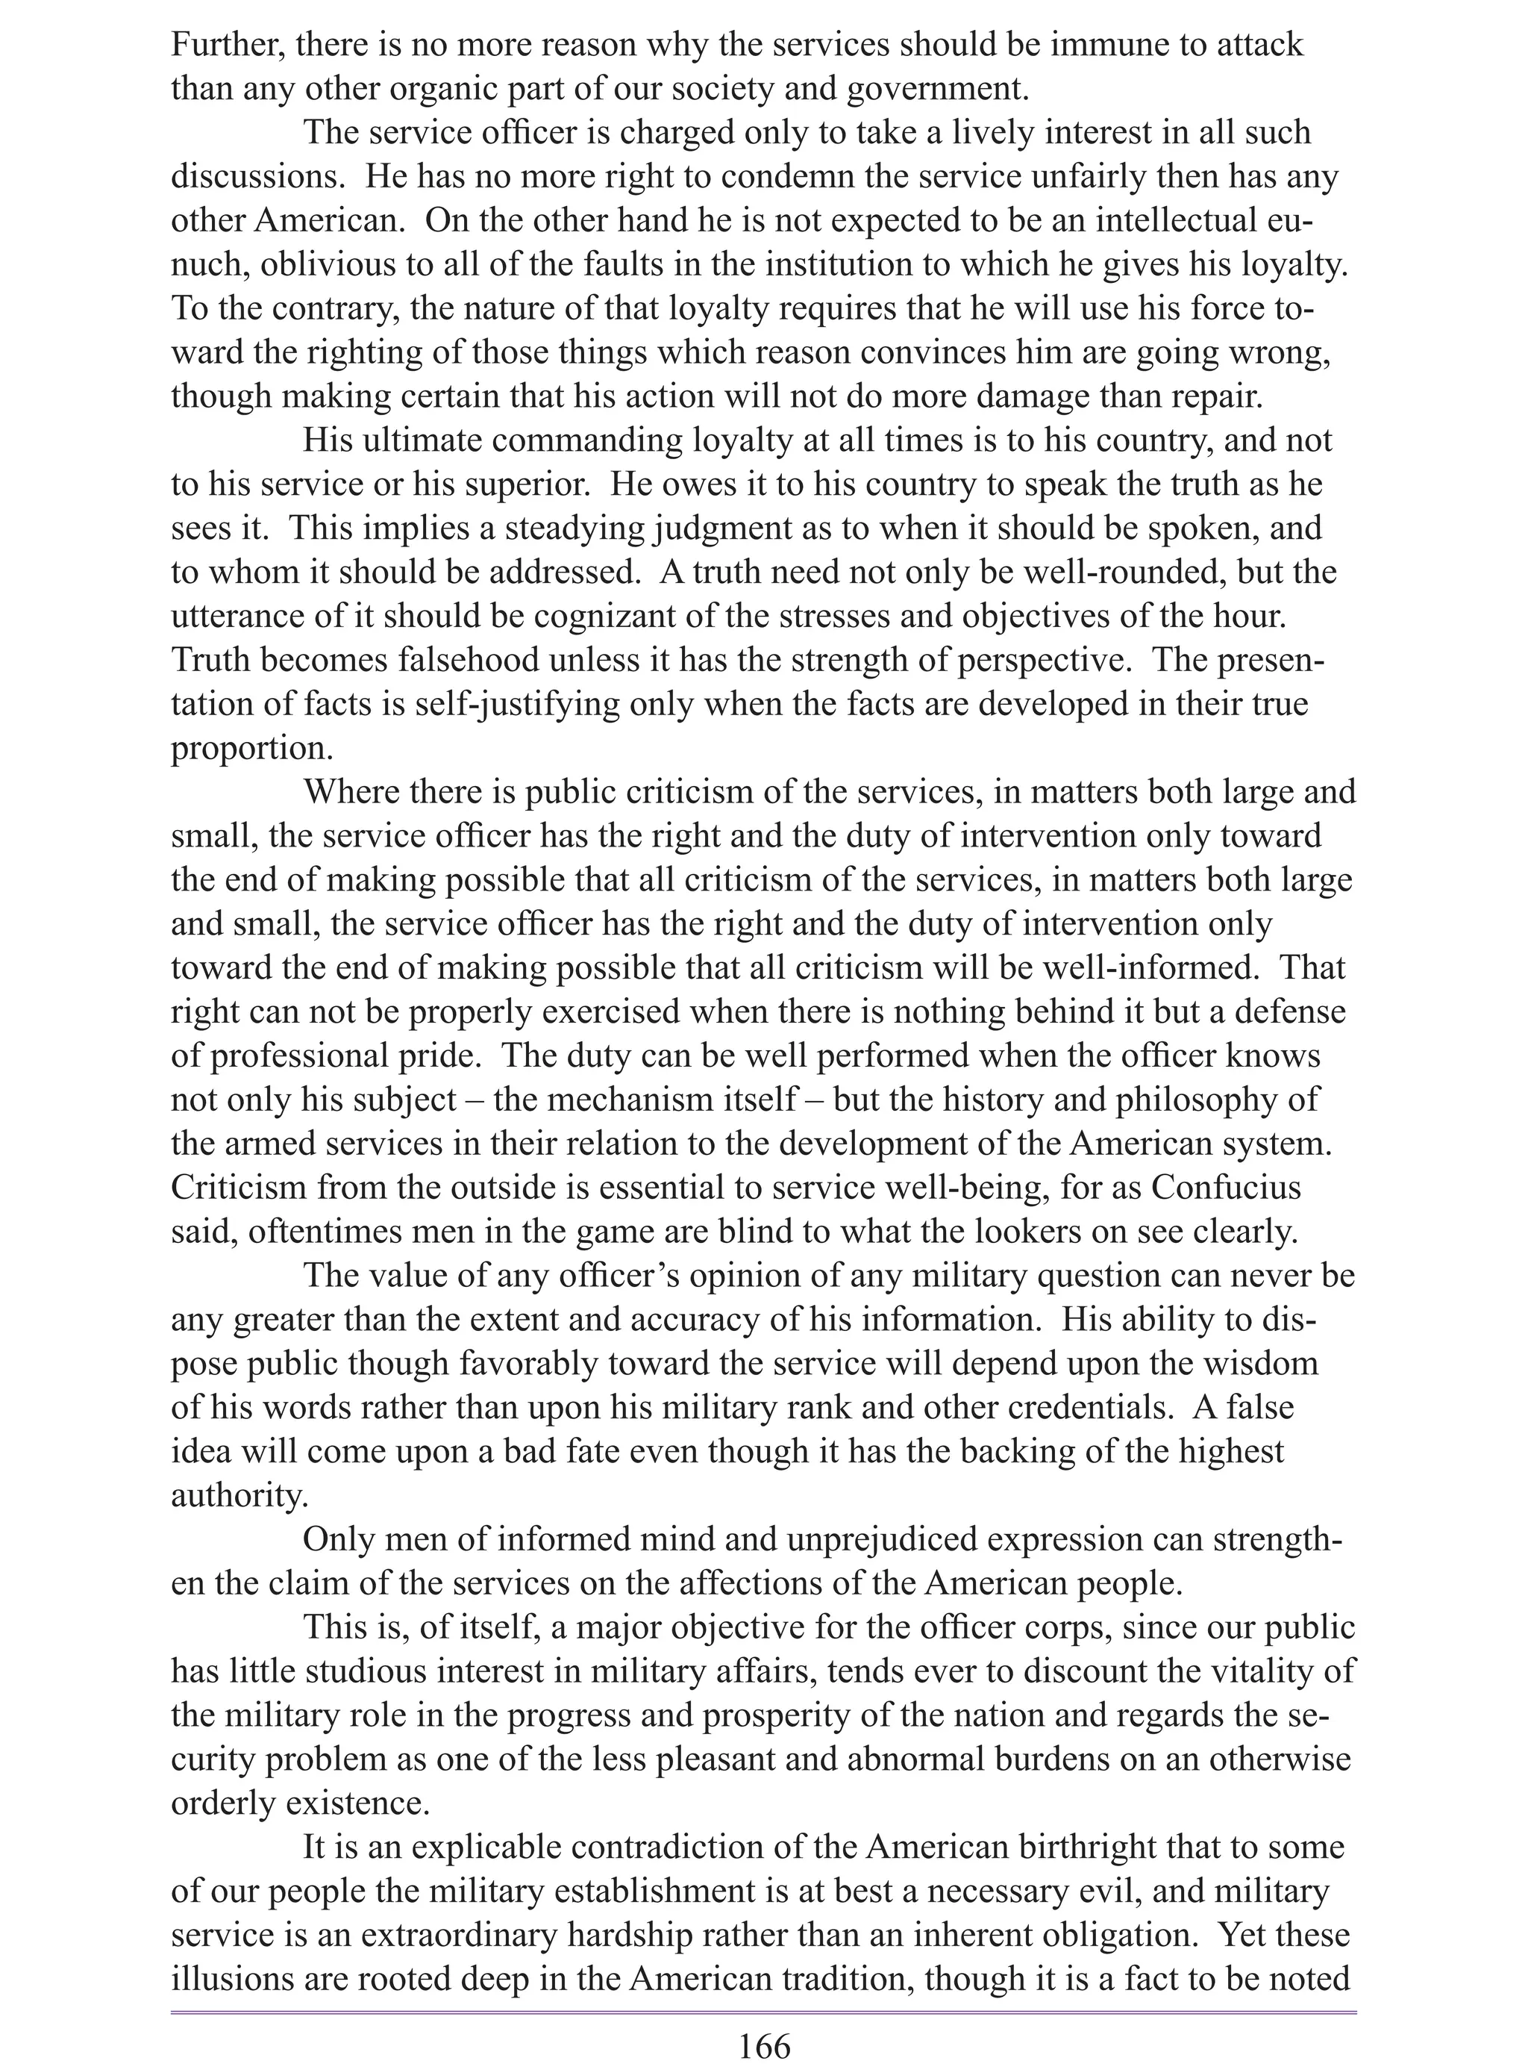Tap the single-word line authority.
click(x=239, y=1495)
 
